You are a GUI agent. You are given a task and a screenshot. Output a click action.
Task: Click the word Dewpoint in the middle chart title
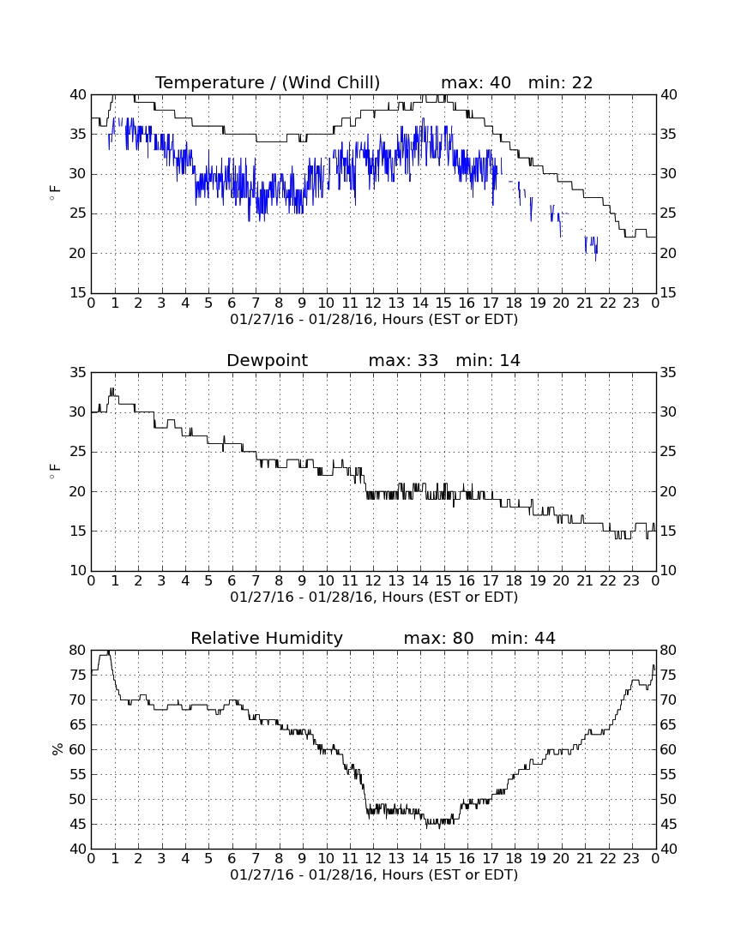tap(267, 361)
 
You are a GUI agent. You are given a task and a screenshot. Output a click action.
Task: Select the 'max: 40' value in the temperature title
tap(476, 82)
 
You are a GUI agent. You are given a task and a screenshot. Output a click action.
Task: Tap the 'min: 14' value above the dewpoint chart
tap(488, 360)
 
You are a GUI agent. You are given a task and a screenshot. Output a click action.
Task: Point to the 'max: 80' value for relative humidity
tap(438, 638)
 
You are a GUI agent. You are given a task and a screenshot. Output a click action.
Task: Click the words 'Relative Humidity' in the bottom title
tap(267, 639)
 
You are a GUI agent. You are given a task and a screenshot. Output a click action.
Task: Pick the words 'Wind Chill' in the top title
tap(331, 82)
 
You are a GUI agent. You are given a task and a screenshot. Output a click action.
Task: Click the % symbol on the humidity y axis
tap(57, 749)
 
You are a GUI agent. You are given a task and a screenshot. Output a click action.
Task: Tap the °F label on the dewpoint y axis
tap(56, 471)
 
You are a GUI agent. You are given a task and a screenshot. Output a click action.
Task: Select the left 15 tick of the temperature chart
tap(78, 293)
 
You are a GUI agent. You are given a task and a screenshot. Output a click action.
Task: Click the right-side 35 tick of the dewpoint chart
tap(667, 373)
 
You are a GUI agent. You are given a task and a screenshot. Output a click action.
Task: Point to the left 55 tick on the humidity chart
tap(78, 775)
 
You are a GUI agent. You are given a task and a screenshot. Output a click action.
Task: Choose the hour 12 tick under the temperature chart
tap(373, 303)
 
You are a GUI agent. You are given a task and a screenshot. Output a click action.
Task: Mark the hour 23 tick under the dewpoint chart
tap(631, 581)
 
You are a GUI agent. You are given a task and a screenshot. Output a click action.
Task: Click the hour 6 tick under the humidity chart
tap(232, 859)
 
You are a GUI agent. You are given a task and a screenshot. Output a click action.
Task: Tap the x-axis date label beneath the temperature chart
tap(374, 320)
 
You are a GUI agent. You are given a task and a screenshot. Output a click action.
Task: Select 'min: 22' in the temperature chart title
tap(560, 82)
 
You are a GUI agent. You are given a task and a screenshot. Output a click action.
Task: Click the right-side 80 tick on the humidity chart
tap(667, 650)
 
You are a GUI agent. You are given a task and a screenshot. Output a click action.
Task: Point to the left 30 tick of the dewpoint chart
tap(78, 412)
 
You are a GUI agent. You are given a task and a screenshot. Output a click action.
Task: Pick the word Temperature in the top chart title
tap(210, 83)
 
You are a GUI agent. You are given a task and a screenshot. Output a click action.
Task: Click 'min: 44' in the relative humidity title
tap(522, 638)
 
